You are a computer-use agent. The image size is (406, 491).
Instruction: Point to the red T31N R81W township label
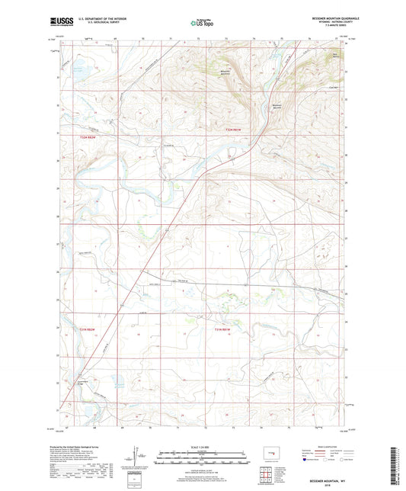(219, 329)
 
